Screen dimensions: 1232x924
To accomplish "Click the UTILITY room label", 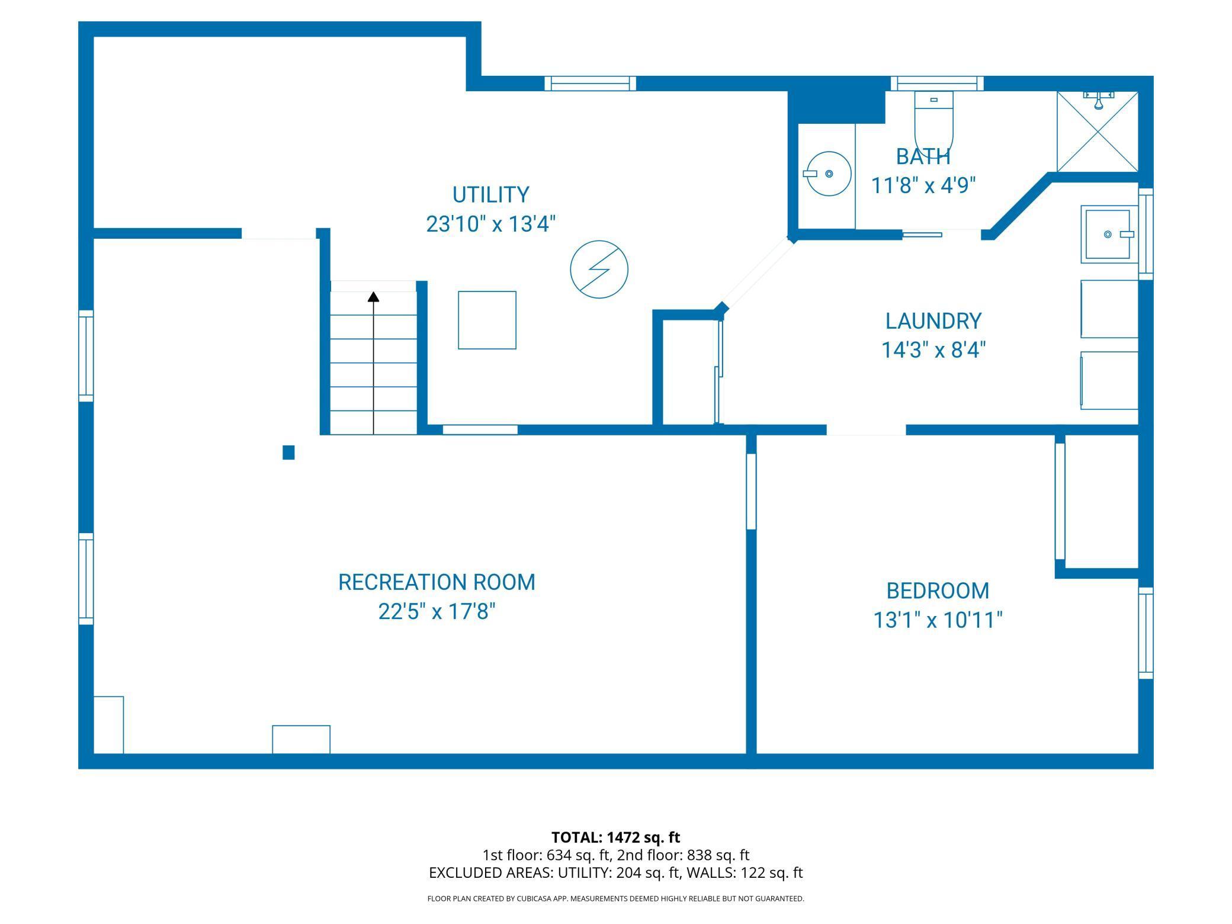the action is [x=490, y=195].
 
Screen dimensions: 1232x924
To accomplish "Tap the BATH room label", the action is [x=923, y=156].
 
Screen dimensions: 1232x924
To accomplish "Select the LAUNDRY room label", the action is [x=933, y=321].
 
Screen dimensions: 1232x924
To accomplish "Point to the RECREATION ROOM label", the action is [x=437, y=582].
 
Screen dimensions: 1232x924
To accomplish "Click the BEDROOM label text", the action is [x=938, y=591].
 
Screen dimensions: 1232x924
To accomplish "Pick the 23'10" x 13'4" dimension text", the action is [x=491, y=224].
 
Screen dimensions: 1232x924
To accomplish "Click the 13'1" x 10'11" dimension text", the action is [x=938, y=621].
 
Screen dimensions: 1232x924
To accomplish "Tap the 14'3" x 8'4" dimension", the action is [x=933, y=351].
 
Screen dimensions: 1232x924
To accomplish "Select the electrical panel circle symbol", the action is [x=599, y=269].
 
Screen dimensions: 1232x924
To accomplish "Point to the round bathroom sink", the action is [x=827, y=174].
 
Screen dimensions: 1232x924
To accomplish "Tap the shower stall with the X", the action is [x=1098, y=131].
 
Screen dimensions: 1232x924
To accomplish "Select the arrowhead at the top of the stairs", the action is [x=373, y=296].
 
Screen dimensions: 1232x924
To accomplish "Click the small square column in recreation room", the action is [x=288, y=453].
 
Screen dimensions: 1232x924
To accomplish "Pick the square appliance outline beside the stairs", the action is [x=487, y=320].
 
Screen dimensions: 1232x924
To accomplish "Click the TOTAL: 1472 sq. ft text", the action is [x=616, y=838].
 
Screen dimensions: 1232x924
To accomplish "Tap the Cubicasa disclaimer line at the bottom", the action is [x=616, y=899].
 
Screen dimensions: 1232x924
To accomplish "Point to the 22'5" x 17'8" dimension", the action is [x=437, y=612].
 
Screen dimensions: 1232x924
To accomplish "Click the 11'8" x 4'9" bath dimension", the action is [x=923, y=186].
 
